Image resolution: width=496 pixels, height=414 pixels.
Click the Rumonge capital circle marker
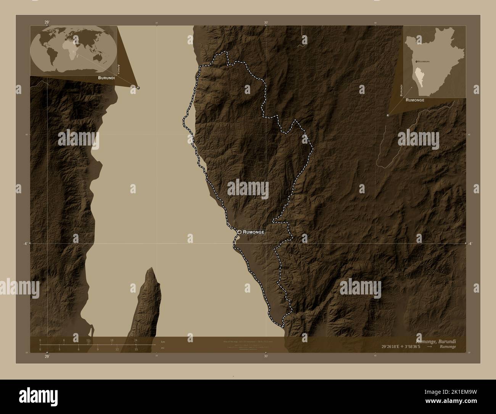239,232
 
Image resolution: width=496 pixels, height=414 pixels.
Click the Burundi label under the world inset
106,78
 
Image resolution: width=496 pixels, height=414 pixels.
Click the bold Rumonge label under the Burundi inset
415,100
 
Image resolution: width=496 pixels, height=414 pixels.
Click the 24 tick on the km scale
136,340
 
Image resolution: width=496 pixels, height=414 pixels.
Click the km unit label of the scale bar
163,341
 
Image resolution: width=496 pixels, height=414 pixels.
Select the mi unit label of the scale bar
163,348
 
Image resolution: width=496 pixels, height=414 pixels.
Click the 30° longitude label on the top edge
266,23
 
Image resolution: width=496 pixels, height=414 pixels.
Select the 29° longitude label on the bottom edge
47,357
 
